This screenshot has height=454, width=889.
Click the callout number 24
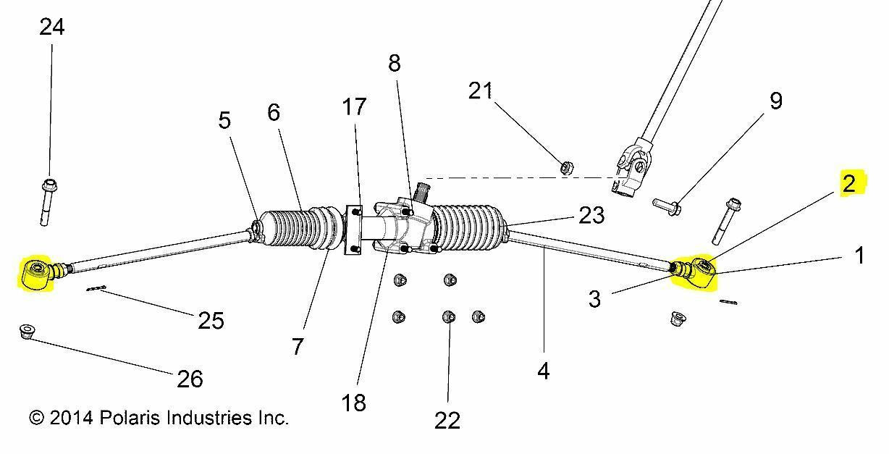[52, 28]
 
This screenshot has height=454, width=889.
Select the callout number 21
[480, 91]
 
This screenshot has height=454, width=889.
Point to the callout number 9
[775, 101]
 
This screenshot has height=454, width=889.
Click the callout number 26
[190, 378]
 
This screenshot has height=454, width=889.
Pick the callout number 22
[447, 421]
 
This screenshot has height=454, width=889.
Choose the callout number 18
[354, 403]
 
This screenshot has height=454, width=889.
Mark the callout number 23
[591, 215]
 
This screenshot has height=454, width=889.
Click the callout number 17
[354, 106]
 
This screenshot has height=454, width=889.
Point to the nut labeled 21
[568, 168]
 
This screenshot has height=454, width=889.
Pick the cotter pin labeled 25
[96, 290]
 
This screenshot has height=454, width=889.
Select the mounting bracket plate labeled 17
[354, 230]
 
